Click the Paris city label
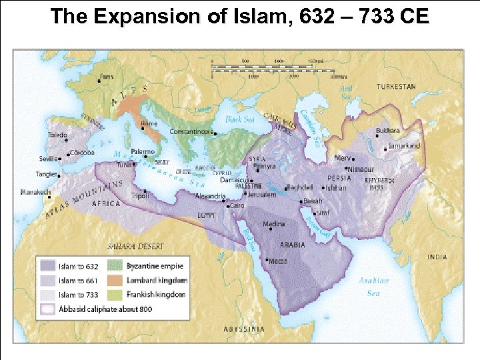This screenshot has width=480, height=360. pyautogui.click(x=107, y=76)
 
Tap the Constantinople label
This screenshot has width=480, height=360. pyautogui.click(x=192, y=131)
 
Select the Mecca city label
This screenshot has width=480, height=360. pyautogui.click(x=278, y=261)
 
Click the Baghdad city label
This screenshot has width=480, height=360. pyautogui.click(x=299, y=187)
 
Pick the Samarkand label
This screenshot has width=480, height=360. pyautogui.click(x=406, y=145)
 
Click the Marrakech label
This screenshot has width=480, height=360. pyautogui.click(x=35, y=192)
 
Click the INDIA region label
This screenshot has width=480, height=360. pyautogui.click(x=439, y=257)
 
